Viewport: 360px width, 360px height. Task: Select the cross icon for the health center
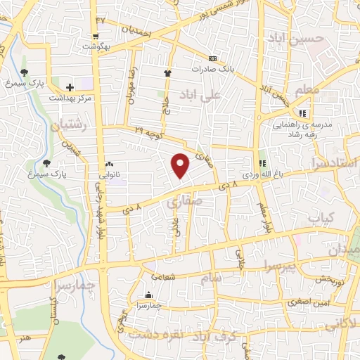[69, 88]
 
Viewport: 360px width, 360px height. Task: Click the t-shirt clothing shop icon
[167, 72]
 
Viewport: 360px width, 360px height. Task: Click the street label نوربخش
[328, 279]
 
